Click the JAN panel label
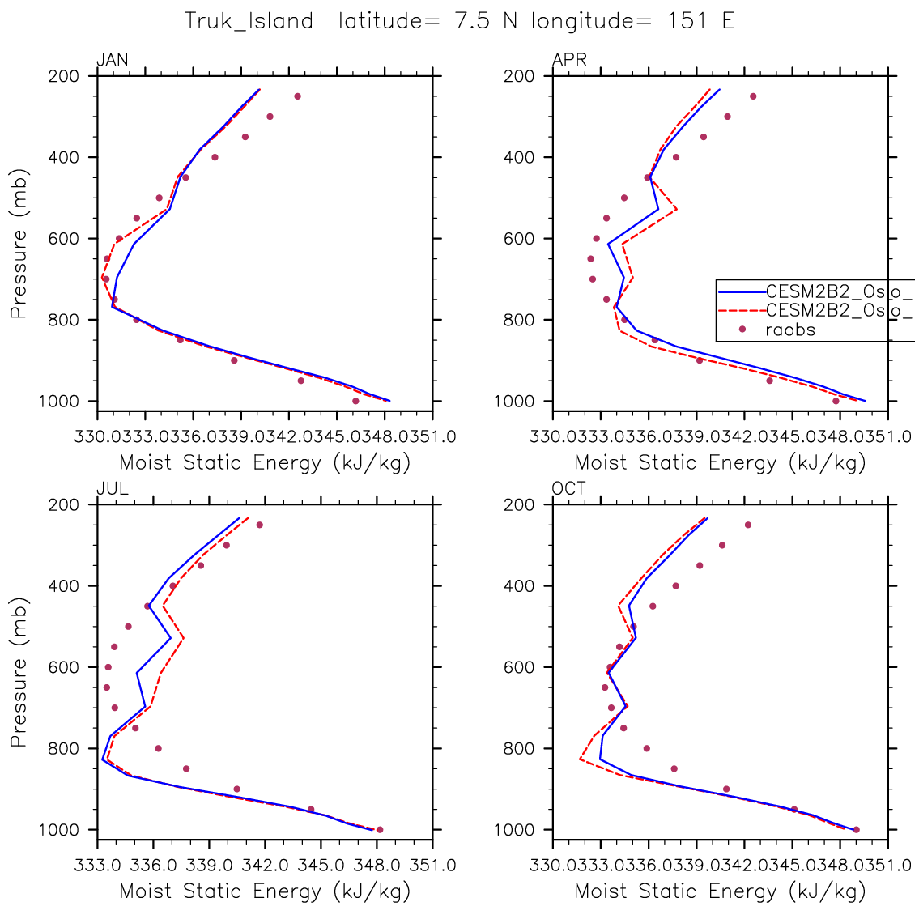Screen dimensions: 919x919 [112, 61]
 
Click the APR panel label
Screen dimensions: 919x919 [568, 61]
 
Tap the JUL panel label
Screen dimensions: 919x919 [112, 489]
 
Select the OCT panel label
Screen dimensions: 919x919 [568, 489]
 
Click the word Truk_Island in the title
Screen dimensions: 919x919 [249, 21]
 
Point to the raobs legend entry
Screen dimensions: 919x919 [789, 330]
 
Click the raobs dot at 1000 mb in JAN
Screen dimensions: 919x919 [355, 401]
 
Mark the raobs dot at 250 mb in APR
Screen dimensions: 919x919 [753, 96]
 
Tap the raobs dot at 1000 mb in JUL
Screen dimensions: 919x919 [380, 829]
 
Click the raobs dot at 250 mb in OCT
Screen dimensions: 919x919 [748, 525]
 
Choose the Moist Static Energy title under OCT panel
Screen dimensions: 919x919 [721, 891]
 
